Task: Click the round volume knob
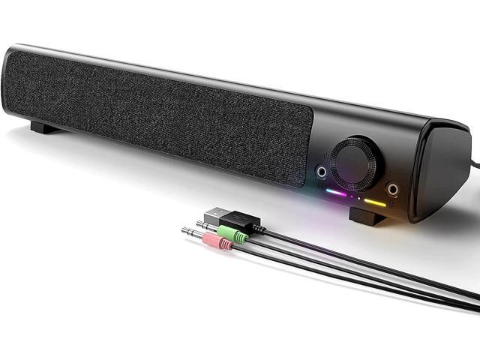click(x=355, y=162)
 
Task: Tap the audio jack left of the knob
click(x=322, y=172)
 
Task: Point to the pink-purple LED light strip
click(x=335, y=192)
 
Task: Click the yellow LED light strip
click(x=375, y=202)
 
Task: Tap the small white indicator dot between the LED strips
click(x=358, y=197)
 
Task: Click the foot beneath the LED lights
click(x=367, y=218)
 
